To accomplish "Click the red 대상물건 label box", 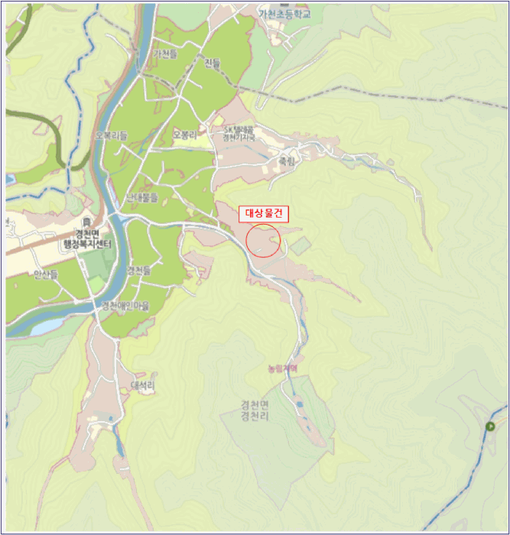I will (x=264, y=214).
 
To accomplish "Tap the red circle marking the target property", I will (x=264, y=241).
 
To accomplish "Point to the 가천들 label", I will (x=165, y=54).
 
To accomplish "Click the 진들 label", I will (x=213, y=63).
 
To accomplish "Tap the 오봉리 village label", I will (x=185, y=135).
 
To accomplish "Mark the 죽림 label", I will (x=286, y=161).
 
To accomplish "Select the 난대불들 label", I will (x=142, y=197).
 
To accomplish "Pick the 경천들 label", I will (x=139, y=271).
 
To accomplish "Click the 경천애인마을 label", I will (x=126, y=306).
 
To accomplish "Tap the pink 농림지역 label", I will (x=282, y=368).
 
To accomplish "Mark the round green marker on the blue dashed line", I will (x=489, y=426).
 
